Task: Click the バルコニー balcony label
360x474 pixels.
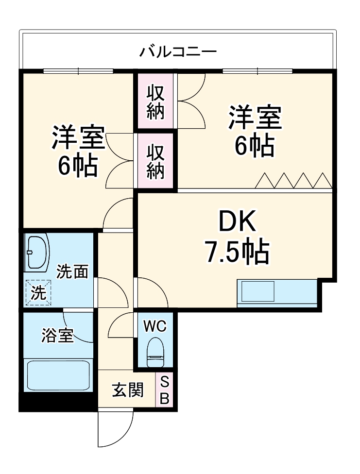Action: [x=178, y=51]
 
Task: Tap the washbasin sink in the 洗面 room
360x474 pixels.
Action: [x=37, y=253]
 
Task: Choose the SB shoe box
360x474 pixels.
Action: [x=164, y=390]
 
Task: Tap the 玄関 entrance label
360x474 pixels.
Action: [x=128, y=390]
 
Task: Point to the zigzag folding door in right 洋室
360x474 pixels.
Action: [x=293, y=180]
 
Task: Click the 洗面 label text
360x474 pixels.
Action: [x=72, y=272]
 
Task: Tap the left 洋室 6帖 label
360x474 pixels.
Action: [x=78, y=151]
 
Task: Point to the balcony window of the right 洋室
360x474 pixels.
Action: [x=257, y=71]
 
